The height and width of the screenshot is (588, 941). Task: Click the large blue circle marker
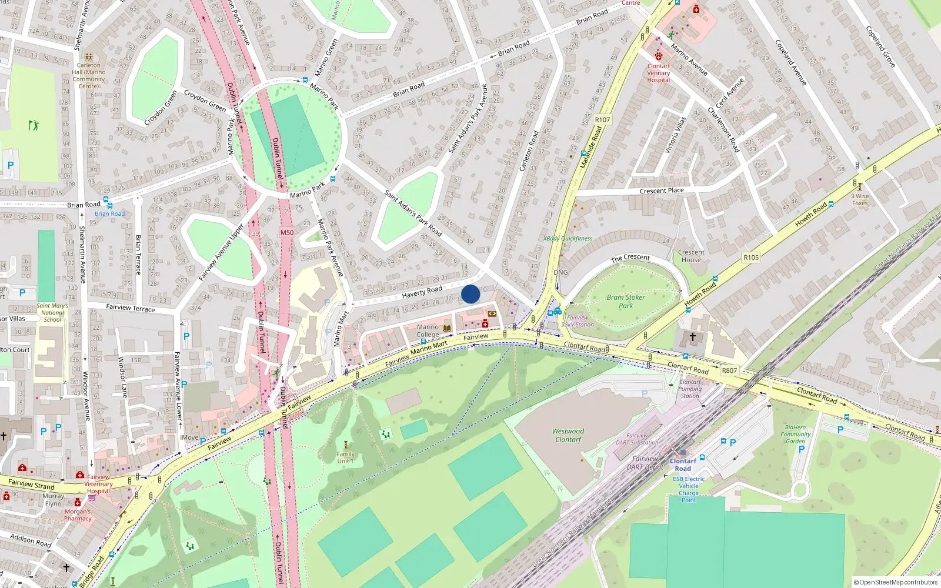click(470, 294)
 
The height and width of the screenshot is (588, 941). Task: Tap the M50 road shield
click(287, 232)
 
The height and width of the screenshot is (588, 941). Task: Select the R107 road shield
click(602, 119)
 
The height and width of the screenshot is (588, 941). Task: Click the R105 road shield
click(751, 258)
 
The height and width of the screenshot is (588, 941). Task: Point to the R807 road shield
click(729, 370)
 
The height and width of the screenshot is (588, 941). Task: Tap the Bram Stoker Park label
click(626, 301)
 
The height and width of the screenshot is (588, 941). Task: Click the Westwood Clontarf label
click(568, 435)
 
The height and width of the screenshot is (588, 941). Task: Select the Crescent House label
click(691, 256)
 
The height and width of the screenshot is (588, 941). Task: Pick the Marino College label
click(428, 330)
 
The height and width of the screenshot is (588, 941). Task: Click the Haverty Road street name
click(422, 292)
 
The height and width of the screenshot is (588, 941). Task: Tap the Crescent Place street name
click(662, 191)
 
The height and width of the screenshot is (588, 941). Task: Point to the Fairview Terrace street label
click(131, 308)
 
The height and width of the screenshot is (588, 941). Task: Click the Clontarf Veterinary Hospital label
click(659, 73)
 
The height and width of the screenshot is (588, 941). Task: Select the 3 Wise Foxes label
click(860, 199)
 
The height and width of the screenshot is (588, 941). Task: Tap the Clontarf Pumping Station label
click(690, 389)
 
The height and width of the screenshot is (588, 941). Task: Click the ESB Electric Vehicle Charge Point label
click(689, 489)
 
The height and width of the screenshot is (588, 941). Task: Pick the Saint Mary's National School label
click(52, 312)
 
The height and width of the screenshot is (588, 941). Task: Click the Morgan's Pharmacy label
click(78, 515)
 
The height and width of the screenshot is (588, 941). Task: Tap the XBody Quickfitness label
click(568, 239)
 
